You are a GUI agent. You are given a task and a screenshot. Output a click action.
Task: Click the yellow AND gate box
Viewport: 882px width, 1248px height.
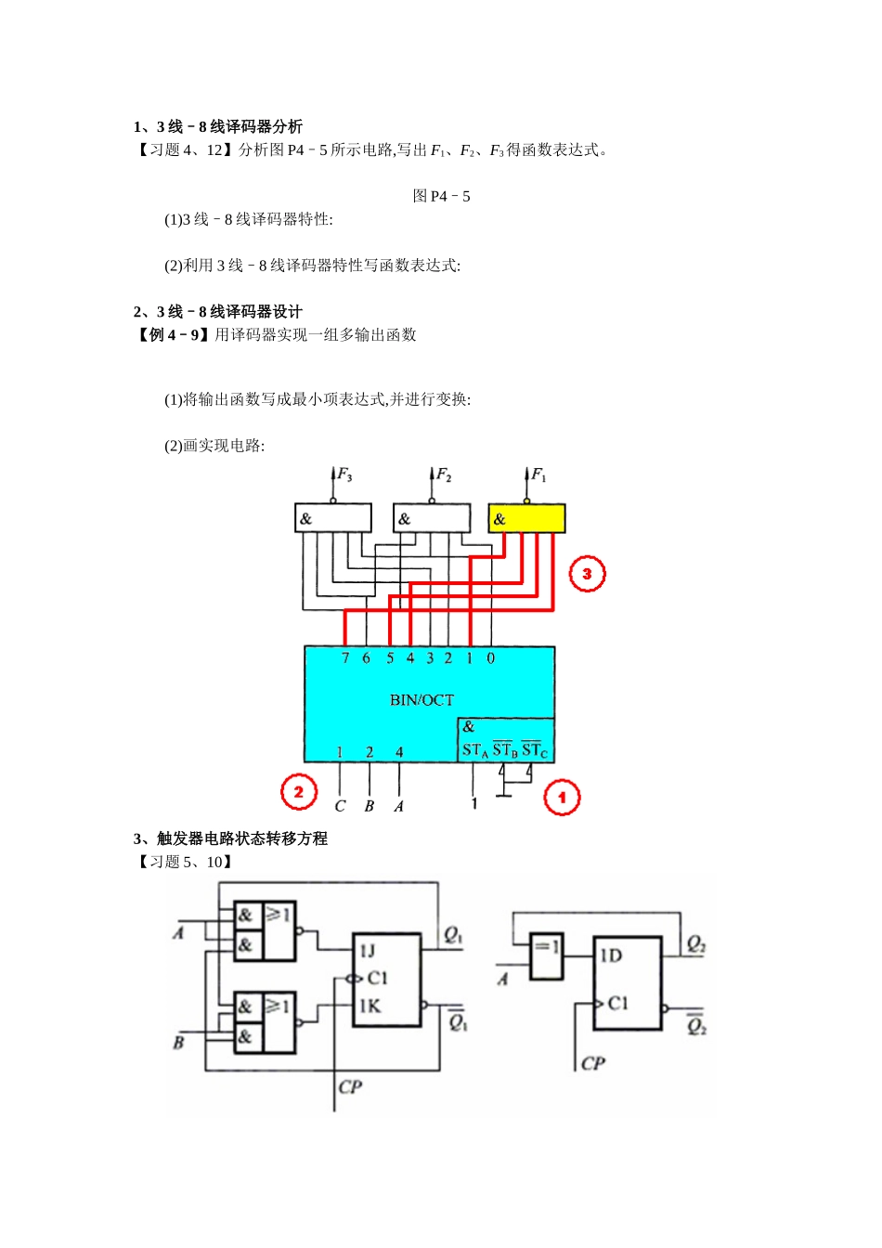coord(526,518)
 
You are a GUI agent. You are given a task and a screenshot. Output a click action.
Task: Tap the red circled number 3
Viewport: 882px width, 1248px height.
coord(587,574)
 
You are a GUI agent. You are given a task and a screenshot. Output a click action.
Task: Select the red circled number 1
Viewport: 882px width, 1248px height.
coord(562,797)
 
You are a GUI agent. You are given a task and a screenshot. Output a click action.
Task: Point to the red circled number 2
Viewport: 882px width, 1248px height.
coord(299,792)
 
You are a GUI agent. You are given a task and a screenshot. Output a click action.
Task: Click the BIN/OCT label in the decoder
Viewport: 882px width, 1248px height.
coord(422,700)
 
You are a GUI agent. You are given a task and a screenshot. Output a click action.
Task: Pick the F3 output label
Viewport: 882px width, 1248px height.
coord(344,475)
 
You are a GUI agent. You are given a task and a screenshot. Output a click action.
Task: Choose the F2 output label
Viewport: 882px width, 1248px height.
coord(444,475)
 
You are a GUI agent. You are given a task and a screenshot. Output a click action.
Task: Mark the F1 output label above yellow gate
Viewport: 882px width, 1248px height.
coord(538,475)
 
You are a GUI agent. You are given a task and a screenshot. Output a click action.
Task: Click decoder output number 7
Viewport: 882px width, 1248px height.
coord(345,658)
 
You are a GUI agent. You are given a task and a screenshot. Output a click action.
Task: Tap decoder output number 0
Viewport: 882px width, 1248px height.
coord(491,658)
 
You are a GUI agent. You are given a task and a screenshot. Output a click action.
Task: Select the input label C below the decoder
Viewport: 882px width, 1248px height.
coord(340,806)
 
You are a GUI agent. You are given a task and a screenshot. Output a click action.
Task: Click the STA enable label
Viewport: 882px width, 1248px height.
coord(474,750)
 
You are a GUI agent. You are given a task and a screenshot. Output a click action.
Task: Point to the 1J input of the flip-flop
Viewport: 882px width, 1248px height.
coord(368,951)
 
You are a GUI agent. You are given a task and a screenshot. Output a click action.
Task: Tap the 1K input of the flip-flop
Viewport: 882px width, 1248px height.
coord(370,1006)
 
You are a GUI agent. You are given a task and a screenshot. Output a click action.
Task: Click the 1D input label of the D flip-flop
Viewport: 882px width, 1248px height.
coord(611,955)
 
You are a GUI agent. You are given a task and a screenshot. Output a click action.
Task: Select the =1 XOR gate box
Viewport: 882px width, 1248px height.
coord(547,956)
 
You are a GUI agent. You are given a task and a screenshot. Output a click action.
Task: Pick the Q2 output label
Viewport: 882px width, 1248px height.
coord(695,944)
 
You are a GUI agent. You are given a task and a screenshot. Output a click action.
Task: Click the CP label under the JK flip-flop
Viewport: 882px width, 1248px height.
coord(350,1086)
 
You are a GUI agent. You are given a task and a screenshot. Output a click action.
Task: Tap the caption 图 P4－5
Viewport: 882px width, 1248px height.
coord(441,196)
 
